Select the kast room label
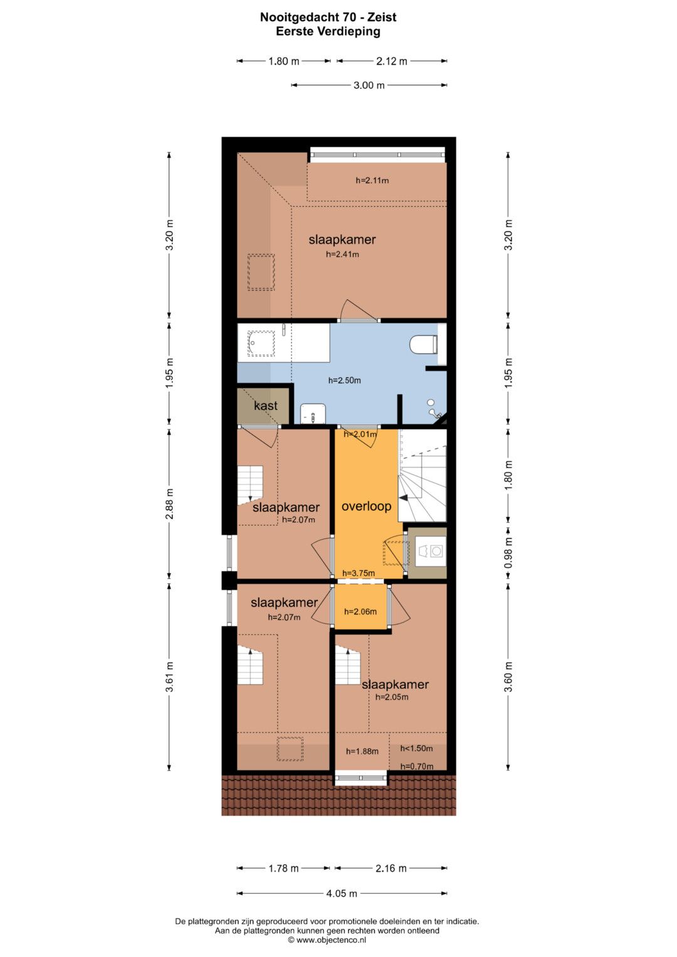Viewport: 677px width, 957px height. (265, 406)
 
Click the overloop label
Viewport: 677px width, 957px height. (366, 506)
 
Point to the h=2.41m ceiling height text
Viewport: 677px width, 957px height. (342, 254)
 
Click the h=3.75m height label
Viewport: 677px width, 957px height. (358, 573)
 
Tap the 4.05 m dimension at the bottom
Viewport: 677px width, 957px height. (342, 893)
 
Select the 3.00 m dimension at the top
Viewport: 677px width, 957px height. (369, 85)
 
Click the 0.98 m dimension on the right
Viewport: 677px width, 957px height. (508, 553)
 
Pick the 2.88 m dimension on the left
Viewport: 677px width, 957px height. (170, 504)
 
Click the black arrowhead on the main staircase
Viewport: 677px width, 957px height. (404, 498)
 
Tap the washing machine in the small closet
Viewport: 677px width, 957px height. (431, 552)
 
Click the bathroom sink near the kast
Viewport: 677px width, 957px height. (313, 414)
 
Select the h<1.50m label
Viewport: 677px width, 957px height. (416, 748)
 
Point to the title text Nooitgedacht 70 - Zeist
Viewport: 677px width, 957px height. (328, 18)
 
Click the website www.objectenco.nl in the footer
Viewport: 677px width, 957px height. (331, 940)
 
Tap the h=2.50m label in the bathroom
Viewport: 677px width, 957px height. (345, 380)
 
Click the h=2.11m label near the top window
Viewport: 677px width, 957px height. (372, 180)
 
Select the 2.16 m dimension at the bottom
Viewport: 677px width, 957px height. (391, 868)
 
